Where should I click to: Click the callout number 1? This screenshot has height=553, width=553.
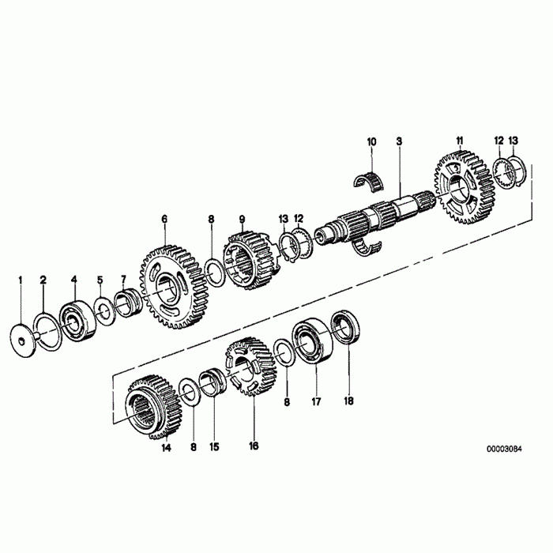click(21, 280)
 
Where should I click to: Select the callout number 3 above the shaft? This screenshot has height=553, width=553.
click(400, 141)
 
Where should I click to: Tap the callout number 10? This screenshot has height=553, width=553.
click(371, 141)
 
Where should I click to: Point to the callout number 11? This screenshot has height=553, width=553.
click(459, 141)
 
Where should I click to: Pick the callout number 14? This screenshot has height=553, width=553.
click(166, 448)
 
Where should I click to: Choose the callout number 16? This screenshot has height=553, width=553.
click(254, 446)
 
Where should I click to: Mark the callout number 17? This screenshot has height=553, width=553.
click(316, 401)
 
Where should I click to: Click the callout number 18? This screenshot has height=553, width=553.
click(349, 401)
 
